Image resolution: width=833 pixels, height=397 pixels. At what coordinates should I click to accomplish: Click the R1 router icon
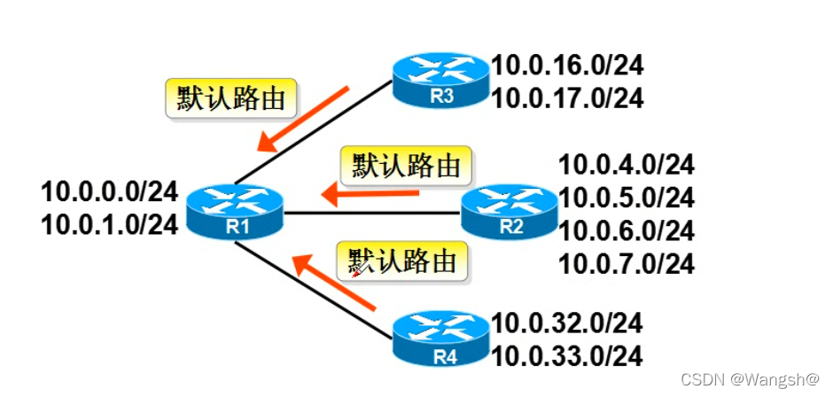tap(235, 211)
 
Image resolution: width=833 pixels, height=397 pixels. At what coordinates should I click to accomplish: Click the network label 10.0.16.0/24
tap(567, 65)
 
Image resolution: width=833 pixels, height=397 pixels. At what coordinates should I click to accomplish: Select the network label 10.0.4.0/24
tap(626, 164)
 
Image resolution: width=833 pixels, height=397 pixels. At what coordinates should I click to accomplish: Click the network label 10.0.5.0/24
tap(626, 197)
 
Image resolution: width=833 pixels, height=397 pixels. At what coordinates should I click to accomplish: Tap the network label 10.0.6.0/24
tap(626, 230)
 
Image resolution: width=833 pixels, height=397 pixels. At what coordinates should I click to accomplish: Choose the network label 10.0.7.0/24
tap(626, 263)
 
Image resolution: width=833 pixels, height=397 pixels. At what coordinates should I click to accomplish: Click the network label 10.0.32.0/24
tap(567, 323)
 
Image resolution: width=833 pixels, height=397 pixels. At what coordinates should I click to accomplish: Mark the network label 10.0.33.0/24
tap(567, 356)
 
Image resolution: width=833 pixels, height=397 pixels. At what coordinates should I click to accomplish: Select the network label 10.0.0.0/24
tap(110, 191)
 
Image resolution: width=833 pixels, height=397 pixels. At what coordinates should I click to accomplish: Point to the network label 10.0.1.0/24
tap(110, 223)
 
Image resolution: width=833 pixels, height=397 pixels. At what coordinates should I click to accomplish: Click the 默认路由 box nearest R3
tap(230, 99)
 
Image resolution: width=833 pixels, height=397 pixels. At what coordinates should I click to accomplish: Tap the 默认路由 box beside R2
tap(407, 166)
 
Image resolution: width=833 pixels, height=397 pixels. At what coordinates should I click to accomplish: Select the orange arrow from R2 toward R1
tap(370, 191)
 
